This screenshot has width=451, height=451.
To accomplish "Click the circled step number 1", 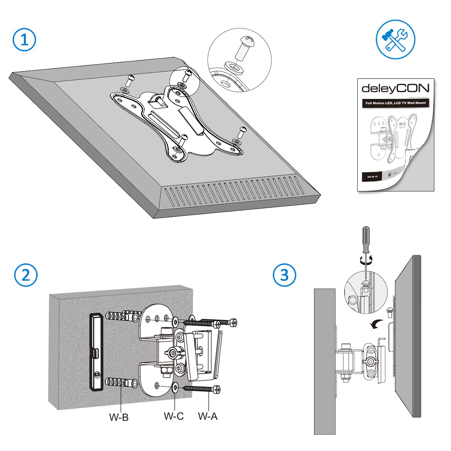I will [24, 40].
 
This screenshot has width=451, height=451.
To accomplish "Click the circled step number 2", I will [26, 276].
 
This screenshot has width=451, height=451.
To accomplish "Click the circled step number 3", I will [284, 275].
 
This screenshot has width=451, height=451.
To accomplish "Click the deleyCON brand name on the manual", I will [395, 88].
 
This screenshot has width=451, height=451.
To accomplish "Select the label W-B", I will [119, 417].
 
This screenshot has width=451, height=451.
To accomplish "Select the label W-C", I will [173, 416].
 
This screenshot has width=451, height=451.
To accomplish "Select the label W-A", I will [208, 416].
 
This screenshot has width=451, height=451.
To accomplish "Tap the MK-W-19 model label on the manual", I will [372, 177].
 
